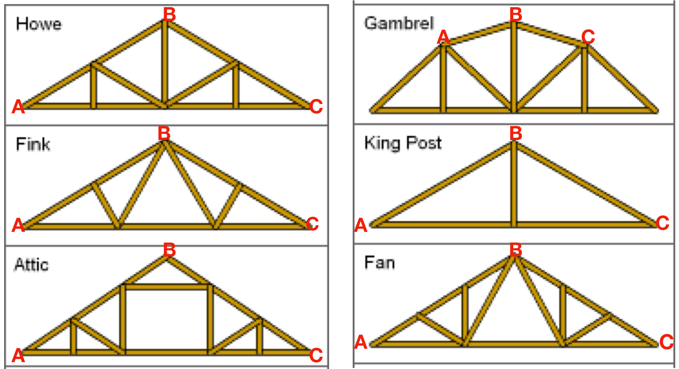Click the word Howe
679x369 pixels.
pyautogui.click(x=39, y=24)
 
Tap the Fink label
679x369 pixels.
pyautogui.click(x=33, y=144)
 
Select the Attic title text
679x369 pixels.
pyautogui.click(x=32, y=265)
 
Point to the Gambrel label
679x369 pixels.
pyautogui.click(x=399, y=23)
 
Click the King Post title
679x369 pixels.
pyautogui.click(x=403, y=143)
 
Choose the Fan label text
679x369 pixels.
pyautogui.click(x=379, y=263)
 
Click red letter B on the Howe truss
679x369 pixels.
pyautogui.click(x=169, y=15)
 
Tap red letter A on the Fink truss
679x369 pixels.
pyautogui.click(x=18, y=225)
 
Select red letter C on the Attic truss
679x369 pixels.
pyautogui.click(x=316, y=355)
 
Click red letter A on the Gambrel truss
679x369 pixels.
pyautogui.click(x=443, y=37)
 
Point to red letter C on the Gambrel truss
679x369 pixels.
pyautogui.click(x=588, y=37)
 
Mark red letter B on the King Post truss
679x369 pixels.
pyautogui.click(x=516, y=133)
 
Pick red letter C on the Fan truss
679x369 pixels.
pyautogui.click(x=666, y=342)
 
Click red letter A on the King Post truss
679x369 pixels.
pyautogui.click(x=361, y=226)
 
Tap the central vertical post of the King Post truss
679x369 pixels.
pyautogui.click(x=514, y=185)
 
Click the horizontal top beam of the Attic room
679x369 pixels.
pyautogui.click(x=166, y=287)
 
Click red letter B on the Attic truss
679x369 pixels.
pyautogui.click(x=169, y=250)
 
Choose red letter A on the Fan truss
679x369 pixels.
pyautogui.click(x=361, y=342)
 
